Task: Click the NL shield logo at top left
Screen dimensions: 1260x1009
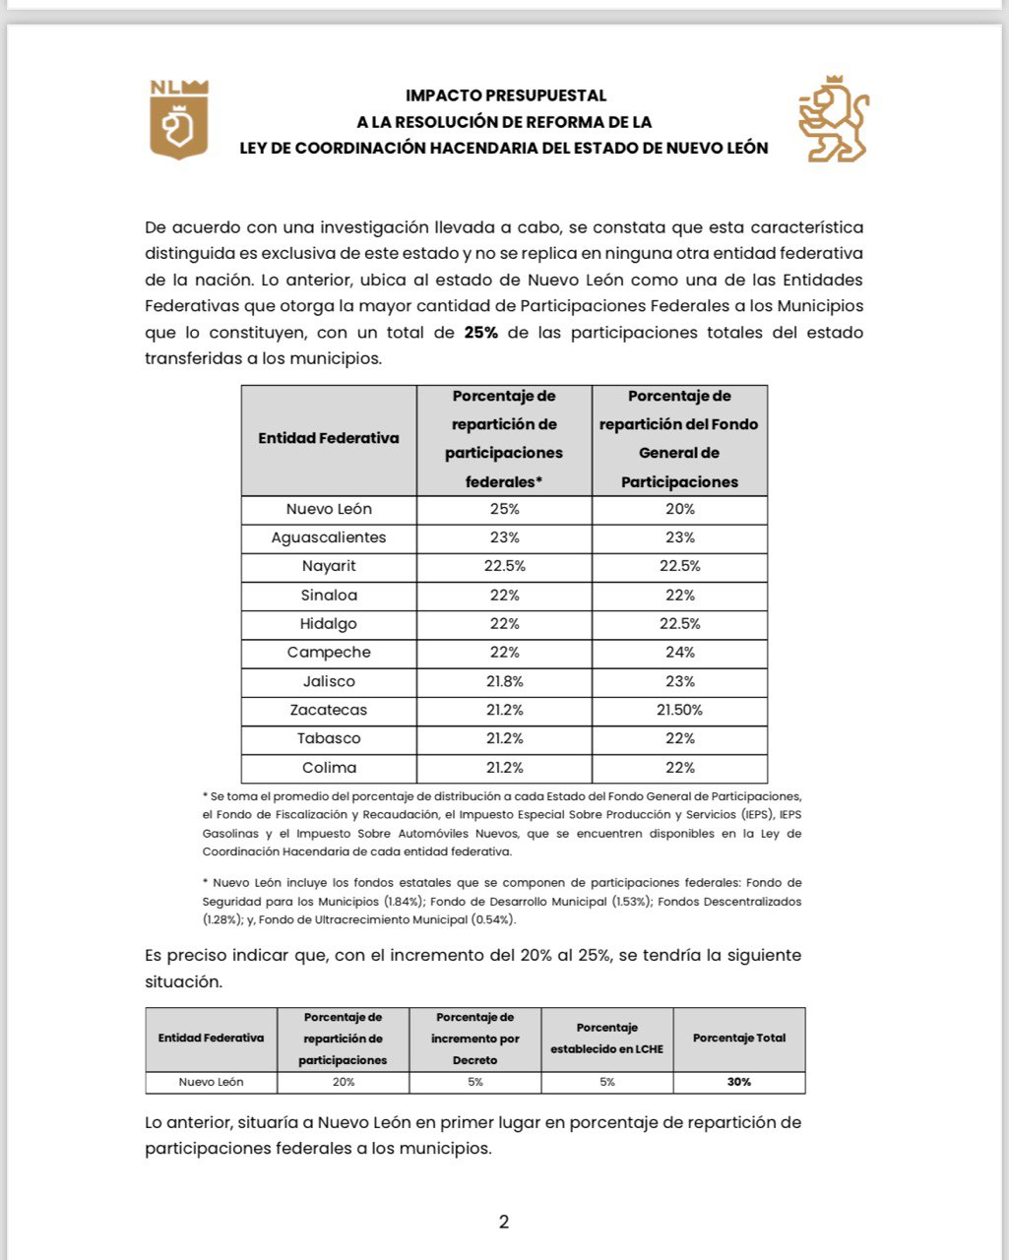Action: [178, 119]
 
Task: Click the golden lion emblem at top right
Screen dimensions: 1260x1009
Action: [833, 119]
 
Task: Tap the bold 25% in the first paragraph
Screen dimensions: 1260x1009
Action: [481, 333]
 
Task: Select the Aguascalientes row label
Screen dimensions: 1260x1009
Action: [329, 537]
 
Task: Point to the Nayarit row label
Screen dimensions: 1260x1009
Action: [329, 566]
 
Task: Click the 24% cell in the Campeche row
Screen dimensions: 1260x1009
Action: [679, 653]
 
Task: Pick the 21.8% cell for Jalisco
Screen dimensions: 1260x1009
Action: [504, 681]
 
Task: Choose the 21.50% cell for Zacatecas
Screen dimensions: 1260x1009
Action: [679, 710]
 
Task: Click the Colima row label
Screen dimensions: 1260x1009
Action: [329, 768]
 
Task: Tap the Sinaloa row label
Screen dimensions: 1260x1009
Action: [329, 596]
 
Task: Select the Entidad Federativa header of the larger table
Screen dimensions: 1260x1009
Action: [329, 439]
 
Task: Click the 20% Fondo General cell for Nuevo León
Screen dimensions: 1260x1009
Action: [679, 509]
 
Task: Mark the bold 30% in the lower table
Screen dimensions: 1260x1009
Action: [739, 1082]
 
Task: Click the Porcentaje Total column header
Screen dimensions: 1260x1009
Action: [739, 1039]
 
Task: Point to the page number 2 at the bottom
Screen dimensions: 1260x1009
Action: [504, 1223]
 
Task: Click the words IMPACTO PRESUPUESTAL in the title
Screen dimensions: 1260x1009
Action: [506, 95]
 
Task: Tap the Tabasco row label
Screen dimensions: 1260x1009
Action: [329, 738]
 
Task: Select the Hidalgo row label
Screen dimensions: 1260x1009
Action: [329, 624]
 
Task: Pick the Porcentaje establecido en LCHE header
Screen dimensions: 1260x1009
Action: [606, 1039]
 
